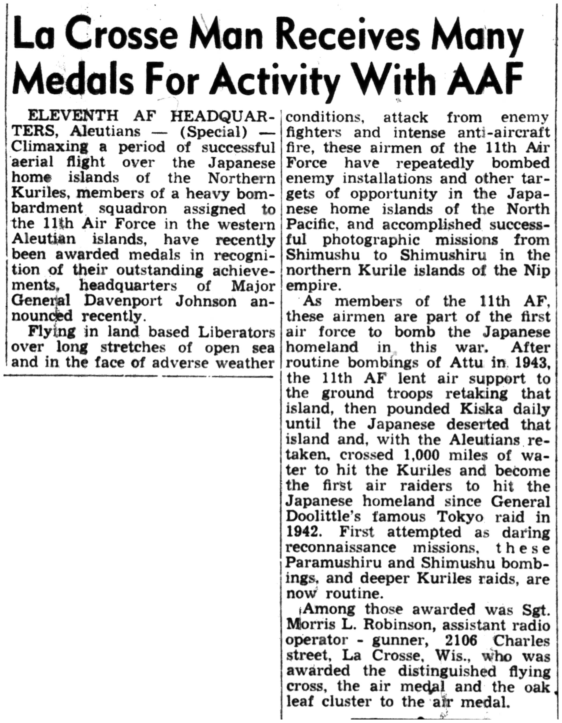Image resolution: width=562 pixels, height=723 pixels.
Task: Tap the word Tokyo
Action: click(457, 516)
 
